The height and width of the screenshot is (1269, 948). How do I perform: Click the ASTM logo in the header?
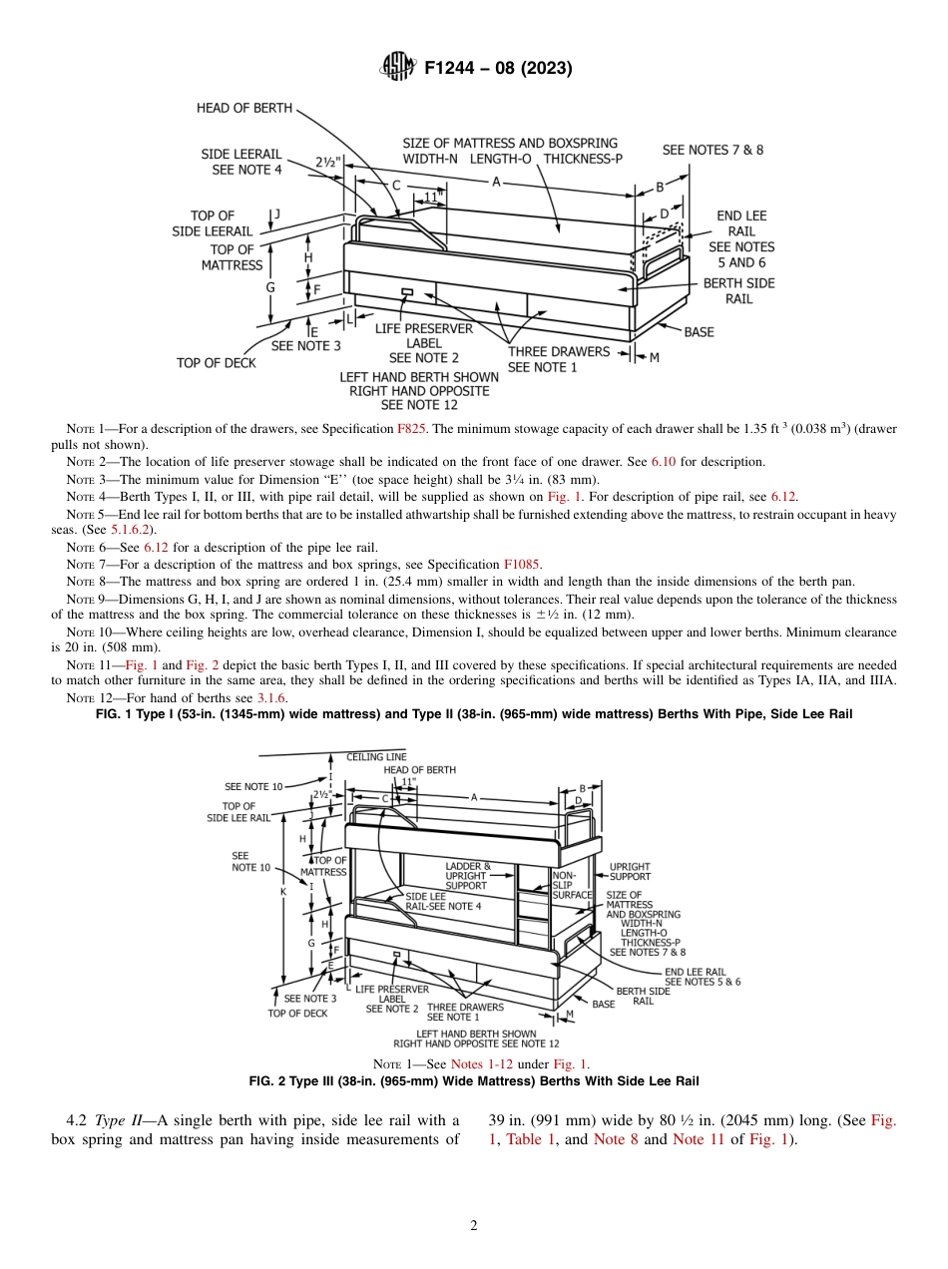coord(399,68)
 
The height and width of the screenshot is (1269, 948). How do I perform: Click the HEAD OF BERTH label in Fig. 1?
coord(244,108)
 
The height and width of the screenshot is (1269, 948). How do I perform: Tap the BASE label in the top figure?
coord(699,332)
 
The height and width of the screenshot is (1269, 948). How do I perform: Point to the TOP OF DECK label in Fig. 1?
coord(217,363)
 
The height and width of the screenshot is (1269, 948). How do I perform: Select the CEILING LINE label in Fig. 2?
coord(376,757)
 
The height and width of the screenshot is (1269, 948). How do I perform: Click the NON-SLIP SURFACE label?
coord(571,884)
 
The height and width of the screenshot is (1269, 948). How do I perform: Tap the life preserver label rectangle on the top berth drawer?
coord(406,292)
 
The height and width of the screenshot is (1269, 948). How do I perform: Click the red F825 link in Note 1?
coord(411,428)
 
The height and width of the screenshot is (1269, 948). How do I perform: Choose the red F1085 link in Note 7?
coord(523,565)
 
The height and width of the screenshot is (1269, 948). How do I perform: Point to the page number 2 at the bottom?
coord(474,1226)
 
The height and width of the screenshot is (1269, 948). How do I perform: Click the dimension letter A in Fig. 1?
coord(496,182)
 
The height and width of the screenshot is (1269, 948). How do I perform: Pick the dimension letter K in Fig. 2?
coord(283,891)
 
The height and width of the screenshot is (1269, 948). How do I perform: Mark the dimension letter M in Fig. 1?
coord(654,357)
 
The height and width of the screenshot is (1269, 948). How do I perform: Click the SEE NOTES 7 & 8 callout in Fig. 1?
coord(712,150)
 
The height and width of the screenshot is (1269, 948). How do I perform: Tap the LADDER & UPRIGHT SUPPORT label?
coord(466,875)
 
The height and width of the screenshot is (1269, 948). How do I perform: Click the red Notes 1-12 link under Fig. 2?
coord(482,1064)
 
